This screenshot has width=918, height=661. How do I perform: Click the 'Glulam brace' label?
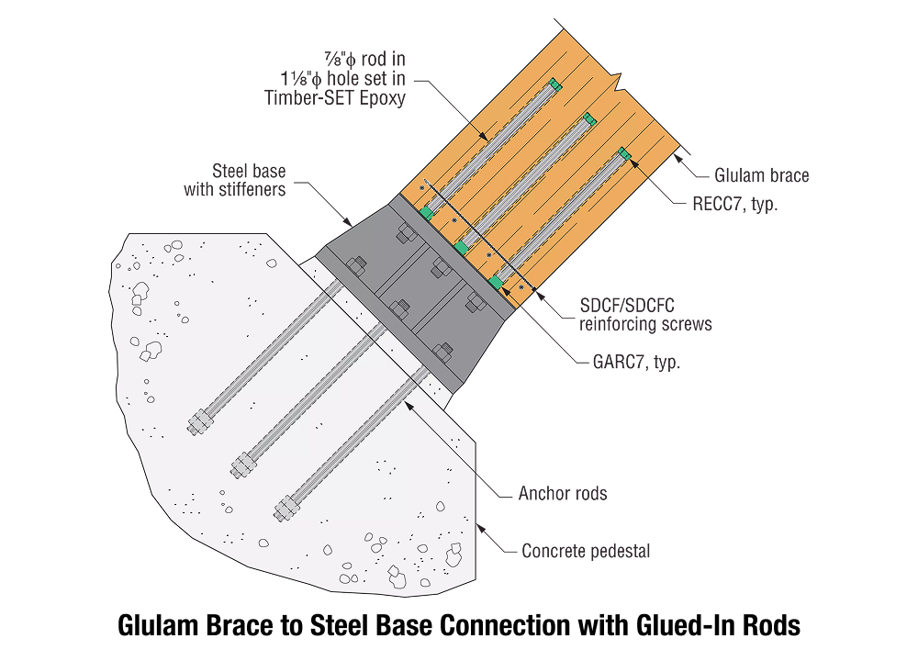coord(761,175)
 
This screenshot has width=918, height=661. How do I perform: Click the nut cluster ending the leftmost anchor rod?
coord(198,424)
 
